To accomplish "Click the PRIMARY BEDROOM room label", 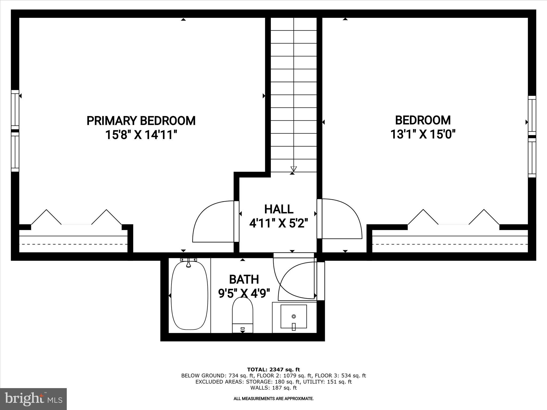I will [x=141, y=121].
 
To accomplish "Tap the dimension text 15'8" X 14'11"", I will [x=141, y=135].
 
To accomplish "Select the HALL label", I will [x=279, y=209].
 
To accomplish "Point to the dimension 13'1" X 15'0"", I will [x=423, y=134].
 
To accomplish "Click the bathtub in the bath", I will [x=189, y=296].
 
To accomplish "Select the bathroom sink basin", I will [x=294, y=317].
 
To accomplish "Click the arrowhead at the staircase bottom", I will [x=294, y=169].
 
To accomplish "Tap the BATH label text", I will [x=244, y=279].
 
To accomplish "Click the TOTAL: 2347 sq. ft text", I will [x=273, y=370].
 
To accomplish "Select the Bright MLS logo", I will [x=33, y=399].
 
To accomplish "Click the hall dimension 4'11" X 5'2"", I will [x=279, y=223].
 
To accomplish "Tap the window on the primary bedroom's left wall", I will [x=15, y=131].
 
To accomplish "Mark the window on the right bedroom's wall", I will [x=532, y=136].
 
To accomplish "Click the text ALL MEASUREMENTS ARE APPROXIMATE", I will [x=273, y=399].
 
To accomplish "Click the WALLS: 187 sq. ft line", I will [x=273, y=388].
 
